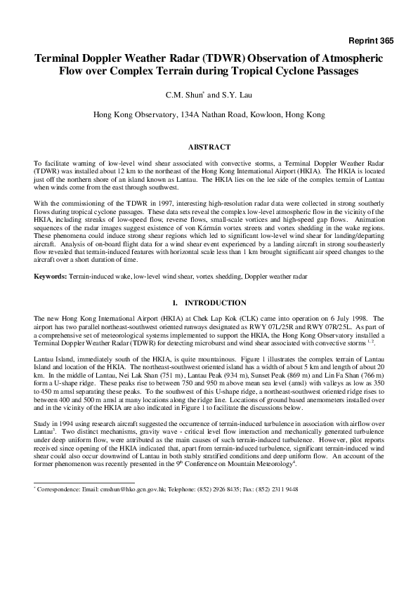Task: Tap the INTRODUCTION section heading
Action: (215, 303)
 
